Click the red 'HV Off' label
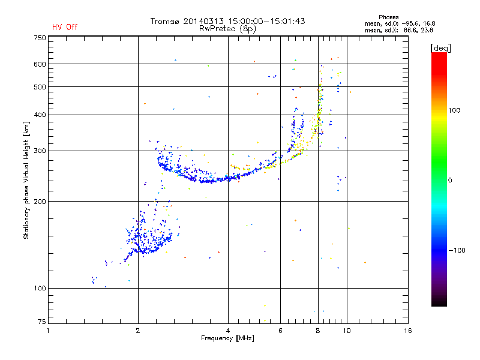(x=65, y=27)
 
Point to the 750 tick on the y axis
(x=40, y=37)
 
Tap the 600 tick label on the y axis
(x=40, y=64)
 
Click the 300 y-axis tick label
(x=40, y=151)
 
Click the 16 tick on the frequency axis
(x=408, y=331)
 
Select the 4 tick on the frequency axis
(x=228, y=331)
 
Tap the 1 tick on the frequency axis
(x=48, y=331)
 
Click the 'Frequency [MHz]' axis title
(x=228, y=338)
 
